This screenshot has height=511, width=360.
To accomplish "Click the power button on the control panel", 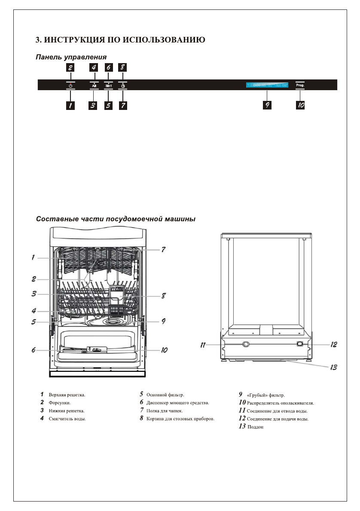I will pos(70,86).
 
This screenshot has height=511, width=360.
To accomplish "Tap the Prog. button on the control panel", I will pos(300,85).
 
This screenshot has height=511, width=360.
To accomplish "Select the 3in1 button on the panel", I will pos(109,86).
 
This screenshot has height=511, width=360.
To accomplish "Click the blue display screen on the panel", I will pos(267,85).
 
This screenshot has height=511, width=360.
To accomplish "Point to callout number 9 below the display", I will pos(267,105).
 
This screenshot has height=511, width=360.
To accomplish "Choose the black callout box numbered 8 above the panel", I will pos(123,67).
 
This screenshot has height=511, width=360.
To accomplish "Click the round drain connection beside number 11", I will pos(246,344).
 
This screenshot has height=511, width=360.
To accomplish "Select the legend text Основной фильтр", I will pos(165,394).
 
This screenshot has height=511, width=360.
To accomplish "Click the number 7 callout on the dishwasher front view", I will pos(163,249).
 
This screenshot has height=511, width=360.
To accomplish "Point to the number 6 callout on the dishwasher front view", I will pos(33,350).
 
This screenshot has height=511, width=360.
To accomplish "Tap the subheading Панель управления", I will pos(71,57).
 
